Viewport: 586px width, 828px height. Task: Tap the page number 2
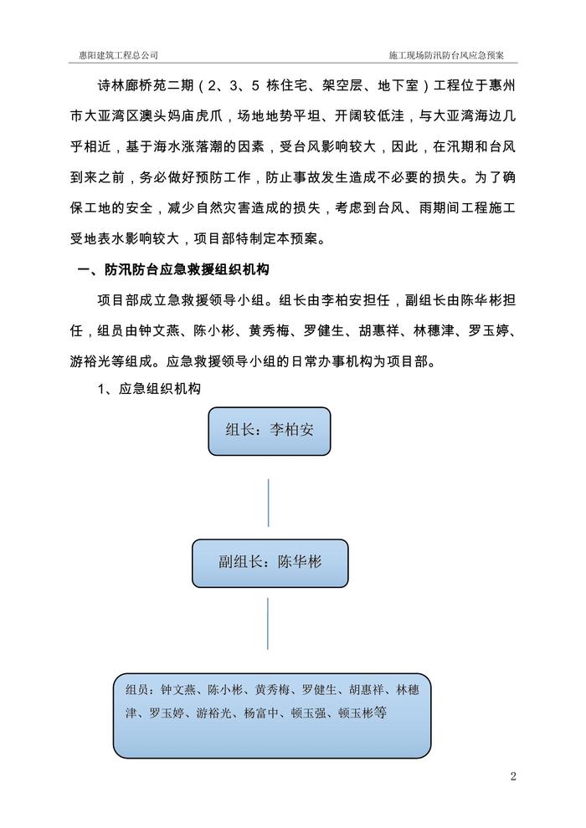click(x=513, y=776)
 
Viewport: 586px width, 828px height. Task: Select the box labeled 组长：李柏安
click(x=269, y=432)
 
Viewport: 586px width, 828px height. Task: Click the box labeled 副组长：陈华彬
click(x=270, y=563)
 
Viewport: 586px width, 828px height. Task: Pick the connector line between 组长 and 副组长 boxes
click(x=269, y=502)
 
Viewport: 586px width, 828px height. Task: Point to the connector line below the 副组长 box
click(x=268, y=623)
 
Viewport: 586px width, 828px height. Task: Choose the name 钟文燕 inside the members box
click(x=177, y=690)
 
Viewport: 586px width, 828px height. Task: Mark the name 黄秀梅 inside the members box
click(x=273, y=690)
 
